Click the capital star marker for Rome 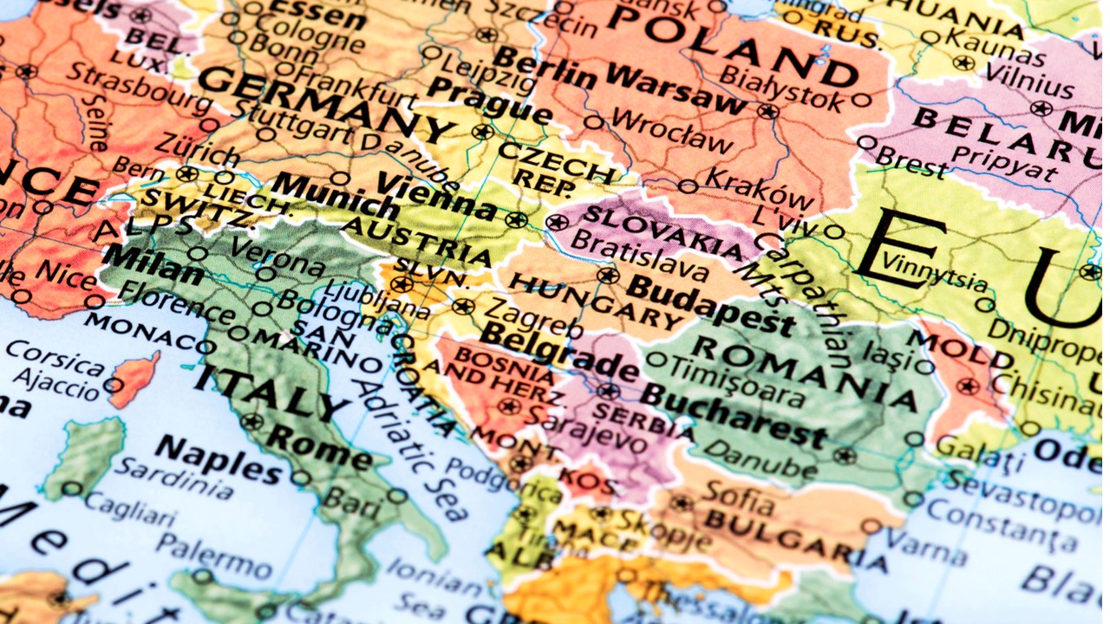(x=251, y=422)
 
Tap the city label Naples (x=218, y=459)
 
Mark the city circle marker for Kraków (x=688, y=186)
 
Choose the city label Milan (x=151, y=263)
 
